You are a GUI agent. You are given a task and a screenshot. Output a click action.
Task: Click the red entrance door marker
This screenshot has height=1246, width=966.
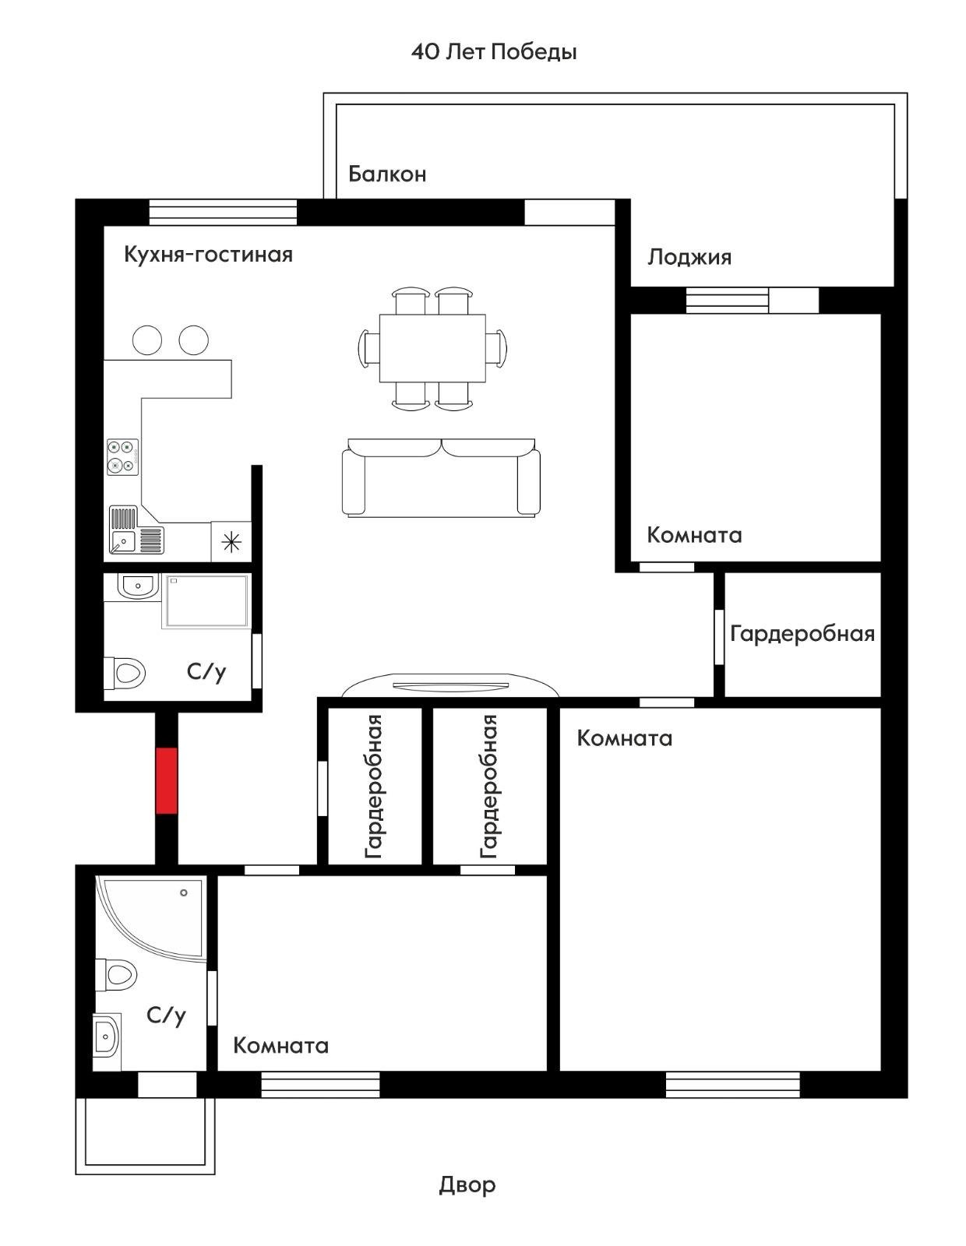(x=167, y=780)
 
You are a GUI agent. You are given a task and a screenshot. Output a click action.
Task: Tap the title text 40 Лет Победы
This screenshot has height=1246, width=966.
(x=494, y=52)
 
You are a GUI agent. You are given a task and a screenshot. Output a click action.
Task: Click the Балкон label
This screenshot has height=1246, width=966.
(x=387, y=174)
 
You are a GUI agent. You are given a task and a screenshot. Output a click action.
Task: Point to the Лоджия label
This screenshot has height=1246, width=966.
(x=689, y=258)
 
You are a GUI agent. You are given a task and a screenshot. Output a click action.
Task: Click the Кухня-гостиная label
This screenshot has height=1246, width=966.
(x=208, y=254)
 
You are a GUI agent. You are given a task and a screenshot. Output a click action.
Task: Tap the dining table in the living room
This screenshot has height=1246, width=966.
(x=432, y=348)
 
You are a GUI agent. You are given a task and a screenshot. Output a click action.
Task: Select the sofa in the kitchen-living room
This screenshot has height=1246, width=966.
(x=441, y=477)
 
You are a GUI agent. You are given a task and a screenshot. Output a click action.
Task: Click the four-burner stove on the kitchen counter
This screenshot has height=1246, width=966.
(x=123, y=457)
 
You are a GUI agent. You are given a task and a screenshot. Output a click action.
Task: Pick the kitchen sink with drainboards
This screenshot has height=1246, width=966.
(x=136, y=530)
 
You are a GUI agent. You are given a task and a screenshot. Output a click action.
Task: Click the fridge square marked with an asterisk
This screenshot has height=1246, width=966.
(x=231, y=541)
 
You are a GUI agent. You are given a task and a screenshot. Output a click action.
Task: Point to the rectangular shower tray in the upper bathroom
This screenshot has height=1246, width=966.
(x=206, y=601)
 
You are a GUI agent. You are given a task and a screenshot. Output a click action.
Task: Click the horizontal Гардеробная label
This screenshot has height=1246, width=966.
(x=802, y=634)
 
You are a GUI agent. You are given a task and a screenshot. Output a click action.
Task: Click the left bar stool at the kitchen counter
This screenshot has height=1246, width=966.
(x=147, y=340)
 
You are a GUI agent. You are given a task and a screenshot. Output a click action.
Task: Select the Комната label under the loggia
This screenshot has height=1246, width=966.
(x=694, y=535)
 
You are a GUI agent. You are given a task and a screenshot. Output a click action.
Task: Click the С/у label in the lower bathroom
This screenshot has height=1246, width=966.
(x=167, y=1015)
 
